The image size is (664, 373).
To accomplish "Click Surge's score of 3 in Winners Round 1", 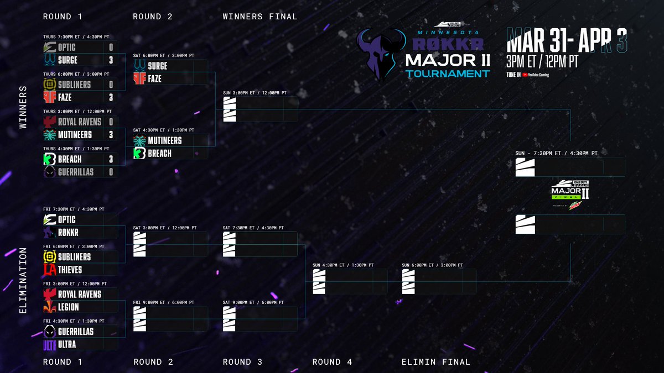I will click(x=111, y=60).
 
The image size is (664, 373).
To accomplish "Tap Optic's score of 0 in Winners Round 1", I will click(x=111, y=48).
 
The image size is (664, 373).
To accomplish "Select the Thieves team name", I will click(x=70, y=270).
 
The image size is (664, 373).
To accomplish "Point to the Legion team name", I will click(x=68, y=307).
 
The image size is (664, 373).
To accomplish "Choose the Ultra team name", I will click(x=67, y=344).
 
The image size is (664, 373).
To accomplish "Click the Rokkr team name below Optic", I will click(x=68, y=233).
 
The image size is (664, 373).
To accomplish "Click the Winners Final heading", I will click(x=260, y=17).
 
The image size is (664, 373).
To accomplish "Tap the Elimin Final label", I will click(x=436, y=362).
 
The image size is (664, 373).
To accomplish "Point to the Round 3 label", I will click(x=242, y=362).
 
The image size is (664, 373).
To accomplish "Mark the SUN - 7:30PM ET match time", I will click(x=556, y=153).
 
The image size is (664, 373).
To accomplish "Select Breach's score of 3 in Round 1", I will click(x=111, y=159).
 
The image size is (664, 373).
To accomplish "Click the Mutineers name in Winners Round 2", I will click(x=165, y=141).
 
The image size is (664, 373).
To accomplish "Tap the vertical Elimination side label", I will click(x=23, y=280).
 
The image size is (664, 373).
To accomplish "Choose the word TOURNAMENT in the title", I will click(x=447, y=73).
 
